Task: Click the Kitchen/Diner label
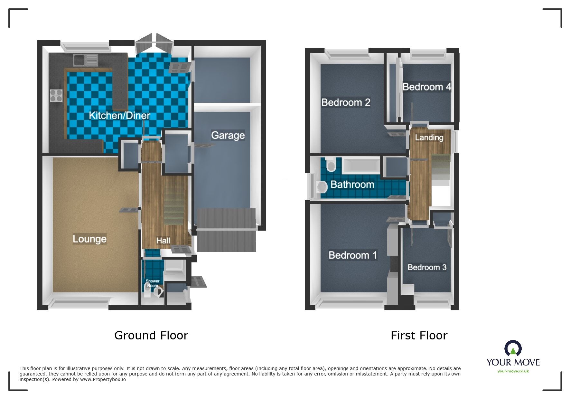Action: tap(119, 115)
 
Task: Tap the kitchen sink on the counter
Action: tap(85, 60)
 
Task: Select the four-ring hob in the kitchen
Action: tap(56, 95)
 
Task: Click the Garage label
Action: tap(228, 135)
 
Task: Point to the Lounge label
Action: tap(89, 239)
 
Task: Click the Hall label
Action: tap(163, 241)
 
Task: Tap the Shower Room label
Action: tap(152, 283)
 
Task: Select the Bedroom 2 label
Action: tap(346, 102)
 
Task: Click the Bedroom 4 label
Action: tap(426, 87)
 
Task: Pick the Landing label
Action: tap(429, 138)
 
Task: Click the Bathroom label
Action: tap(352, 184)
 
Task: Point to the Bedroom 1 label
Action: tap(352, 255)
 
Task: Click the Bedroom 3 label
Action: tap(427, 267)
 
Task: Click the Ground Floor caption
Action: tap(151, 336)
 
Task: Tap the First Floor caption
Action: tap(419, 336)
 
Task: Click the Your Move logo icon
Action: tap(513, 349)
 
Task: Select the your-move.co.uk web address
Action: tap(513, 371)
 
